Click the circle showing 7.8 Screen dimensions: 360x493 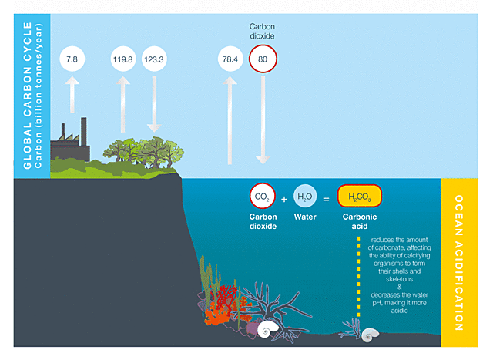click(72, 59)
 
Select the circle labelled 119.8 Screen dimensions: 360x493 click(123, 59)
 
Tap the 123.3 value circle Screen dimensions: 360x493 click(154, 59)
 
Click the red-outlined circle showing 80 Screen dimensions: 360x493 click(263, 59)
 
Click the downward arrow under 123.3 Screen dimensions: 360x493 click(154, 104)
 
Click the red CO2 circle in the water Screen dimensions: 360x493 click(263, 198)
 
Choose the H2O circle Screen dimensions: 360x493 click(305, 198)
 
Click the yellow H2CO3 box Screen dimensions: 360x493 click(360, 198)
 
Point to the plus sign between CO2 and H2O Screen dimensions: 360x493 click(283, 199)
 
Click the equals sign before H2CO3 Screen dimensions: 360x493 click(326, 199)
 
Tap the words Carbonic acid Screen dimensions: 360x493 click(360, 223)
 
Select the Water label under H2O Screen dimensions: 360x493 click(305, 217)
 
